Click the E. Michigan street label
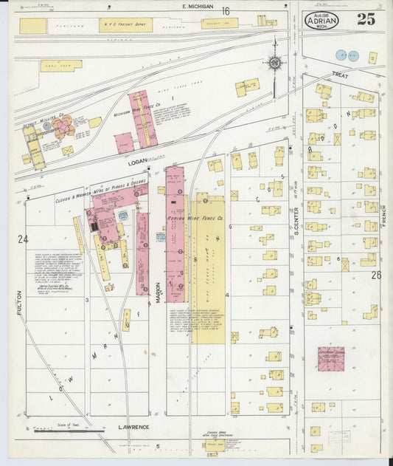coord(197,7)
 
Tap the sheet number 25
coord(366,19)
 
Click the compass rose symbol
coord(274,64)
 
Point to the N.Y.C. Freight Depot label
coord(125,25)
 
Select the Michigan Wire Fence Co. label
coord(133,115)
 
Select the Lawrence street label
coord(133,428)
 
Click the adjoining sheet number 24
coord(24,239)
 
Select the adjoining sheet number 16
coord(225,10)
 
